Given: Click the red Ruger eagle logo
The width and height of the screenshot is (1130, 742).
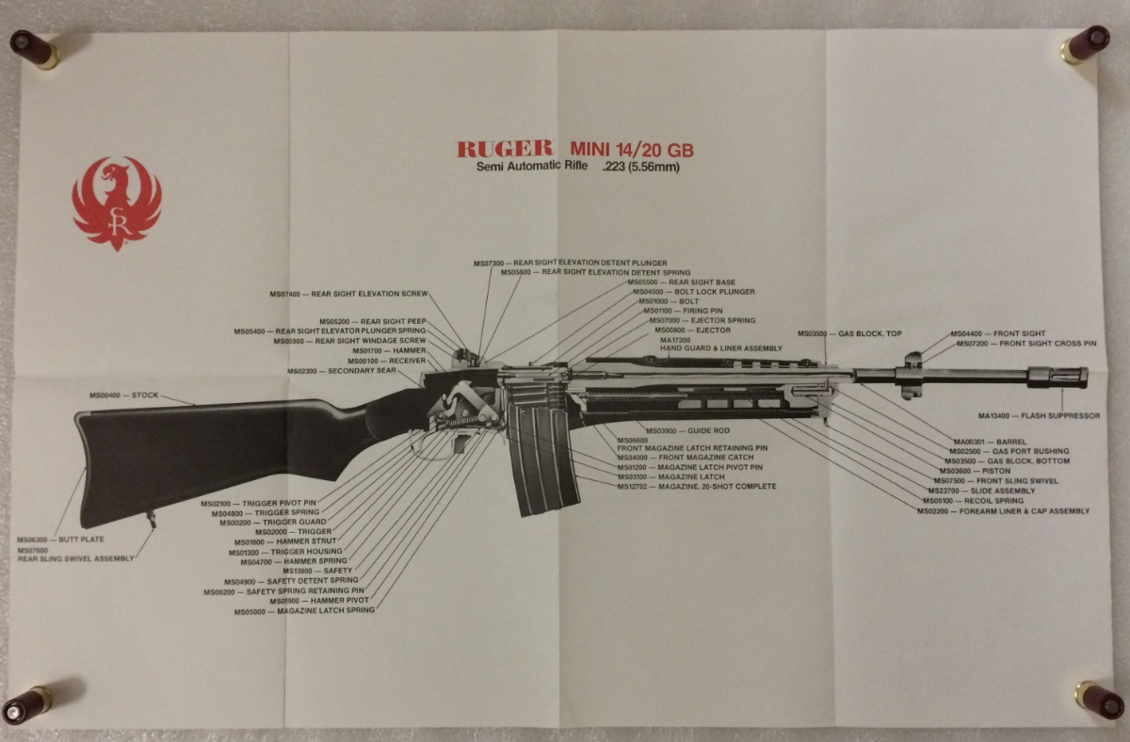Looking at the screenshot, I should [117, 202].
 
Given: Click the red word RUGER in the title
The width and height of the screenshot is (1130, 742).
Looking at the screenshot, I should [504, 149].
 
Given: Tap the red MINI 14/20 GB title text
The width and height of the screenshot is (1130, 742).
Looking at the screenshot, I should [632, 149].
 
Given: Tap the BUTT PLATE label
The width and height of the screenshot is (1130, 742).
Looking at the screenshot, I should [60, 540].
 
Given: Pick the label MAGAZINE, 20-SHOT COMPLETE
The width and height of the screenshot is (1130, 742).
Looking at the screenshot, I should [697, 487].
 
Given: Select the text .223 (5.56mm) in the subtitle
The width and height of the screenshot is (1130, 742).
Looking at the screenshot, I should [640, 168].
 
